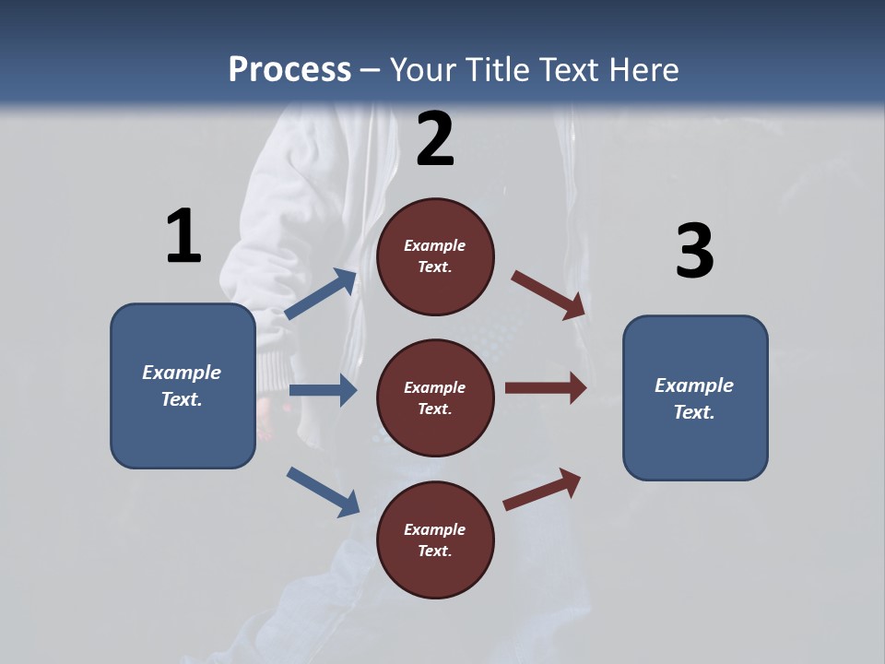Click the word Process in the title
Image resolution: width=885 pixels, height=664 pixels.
(x=289, y=70)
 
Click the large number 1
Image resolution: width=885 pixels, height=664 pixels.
(x=183, y=237)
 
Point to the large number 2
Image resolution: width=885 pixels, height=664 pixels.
(x=435, y=139)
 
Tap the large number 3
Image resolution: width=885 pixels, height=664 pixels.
(x=694, y=251)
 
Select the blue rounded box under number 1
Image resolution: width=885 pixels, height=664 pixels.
(x=183, y=385)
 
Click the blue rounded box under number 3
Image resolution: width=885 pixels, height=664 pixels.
(x=695, y=397)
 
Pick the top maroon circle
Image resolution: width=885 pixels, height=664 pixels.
(x=435, y=256)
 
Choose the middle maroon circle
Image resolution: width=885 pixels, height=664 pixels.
(x=435, y=397)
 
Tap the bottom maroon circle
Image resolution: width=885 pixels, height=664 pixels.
(x=435, y=539)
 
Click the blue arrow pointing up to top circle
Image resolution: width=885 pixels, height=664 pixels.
(x=321, y=294)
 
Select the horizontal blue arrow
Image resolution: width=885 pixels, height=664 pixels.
(x=322, y=390)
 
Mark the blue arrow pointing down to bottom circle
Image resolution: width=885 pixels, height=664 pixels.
(x=323, y=492)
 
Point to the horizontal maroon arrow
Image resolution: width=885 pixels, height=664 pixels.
(x=546, y=388)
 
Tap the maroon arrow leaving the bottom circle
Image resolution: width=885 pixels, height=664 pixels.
(x=542, y=489)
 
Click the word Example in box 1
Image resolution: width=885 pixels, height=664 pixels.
(x=182, y=373)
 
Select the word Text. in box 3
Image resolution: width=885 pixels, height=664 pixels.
(x=694, y=412)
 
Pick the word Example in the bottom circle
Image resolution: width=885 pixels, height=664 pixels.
(x=435, y=529)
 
